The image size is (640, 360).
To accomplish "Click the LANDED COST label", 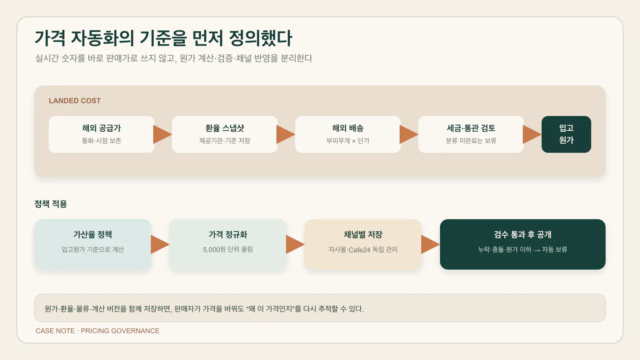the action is point(74,100).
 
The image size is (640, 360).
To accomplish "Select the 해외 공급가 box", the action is point(102,134).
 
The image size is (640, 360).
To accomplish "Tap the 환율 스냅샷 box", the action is point(224,134).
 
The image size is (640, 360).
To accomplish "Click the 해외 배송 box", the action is point(348,134).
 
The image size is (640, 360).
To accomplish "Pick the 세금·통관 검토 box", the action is point(471,134).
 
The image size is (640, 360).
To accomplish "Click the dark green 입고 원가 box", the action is point(566,134).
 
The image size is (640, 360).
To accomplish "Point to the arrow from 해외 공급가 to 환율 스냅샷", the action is point(162,134).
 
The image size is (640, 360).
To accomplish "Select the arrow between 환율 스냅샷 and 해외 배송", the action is point(286,134).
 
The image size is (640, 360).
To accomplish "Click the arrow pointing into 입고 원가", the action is point(532,134).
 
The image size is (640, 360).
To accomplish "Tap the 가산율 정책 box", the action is point(93,244).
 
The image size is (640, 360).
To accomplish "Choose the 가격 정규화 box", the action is point(228,244).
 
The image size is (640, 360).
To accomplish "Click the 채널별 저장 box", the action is point(363,244).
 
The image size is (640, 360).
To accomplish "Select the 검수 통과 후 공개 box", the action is point(522,244).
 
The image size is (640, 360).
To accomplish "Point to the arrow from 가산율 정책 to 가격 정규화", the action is point(160,244).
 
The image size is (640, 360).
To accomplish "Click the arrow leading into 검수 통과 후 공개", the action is point(430,244).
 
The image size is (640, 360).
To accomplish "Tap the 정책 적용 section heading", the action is point(50,204).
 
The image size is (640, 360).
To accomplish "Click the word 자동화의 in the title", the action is point(102,38).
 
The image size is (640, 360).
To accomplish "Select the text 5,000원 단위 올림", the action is point(228,250).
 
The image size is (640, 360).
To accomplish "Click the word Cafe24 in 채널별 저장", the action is point(360,250).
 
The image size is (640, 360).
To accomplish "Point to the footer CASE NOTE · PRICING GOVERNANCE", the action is point(98,331).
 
